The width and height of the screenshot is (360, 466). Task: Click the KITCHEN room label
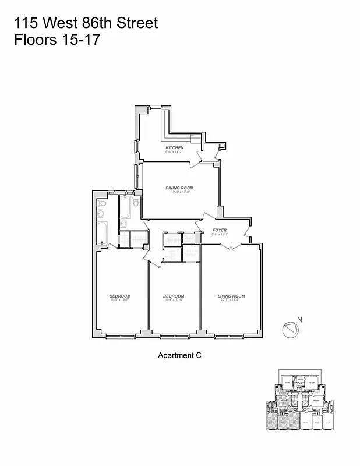174,147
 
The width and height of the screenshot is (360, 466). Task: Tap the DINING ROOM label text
179,188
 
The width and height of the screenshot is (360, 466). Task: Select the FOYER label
219,230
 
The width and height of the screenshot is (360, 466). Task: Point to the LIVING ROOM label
231,296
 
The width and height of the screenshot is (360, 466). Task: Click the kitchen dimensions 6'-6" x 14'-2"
174,152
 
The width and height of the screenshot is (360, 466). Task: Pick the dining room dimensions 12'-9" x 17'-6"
179,192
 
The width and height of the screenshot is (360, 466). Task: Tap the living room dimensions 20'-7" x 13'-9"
231,301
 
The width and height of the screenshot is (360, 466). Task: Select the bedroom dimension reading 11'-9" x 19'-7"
120,301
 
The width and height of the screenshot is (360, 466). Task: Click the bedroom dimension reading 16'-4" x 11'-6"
174,301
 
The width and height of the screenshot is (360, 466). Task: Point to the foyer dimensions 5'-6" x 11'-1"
219,235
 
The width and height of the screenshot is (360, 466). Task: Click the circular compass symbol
290,330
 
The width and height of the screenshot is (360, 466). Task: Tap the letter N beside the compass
299,319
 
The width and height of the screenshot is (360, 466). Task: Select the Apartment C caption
179,355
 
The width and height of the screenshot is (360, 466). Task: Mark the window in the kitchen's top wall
156,107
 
